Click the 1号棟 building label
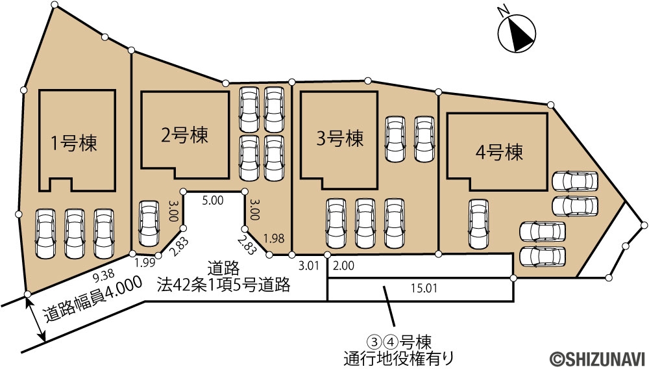click(74, 143)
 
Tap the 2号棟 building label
click(184, 135)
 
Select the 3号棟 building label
click(340, 138)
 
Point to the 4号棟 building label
click(499, 152)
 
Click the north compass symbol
click(517, 32)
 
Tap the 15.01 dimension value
click(424, 288)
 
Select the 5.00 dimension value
click(213, 201)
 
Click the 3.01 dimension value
click(309, 265)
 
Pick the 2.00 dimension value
click(343, 265)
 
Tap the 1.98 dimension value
click(274, 238)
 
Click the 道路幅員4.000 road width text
click(93, 299)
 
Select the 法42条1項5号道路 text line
click(223, 285)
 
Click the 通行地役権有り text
click(398, 357)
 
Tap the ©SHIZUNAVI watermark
click(597, 358)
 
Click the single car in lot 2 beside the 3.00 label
click(149, 223)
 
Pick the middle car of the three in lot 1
click(75, 233)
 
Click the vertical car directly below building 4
click(478, 224)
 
